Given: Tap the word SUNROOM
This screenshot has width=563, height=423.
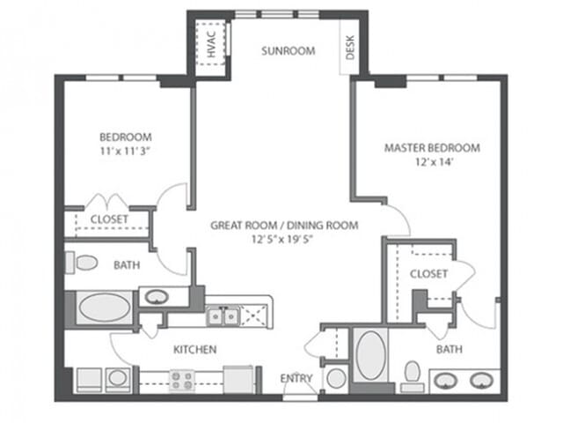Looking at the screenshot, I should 288,51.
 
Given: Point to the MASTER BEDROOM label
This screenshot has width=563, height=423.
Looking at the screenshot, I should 432,148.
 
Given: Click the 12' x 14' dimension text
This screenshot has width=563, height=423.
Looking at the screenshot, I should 432,162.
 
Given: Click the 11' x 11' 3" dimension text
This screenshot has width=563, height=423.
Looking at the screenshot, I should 125,152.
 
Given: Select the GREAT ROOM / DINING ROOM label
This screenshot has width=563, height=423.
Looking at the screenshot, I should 283,226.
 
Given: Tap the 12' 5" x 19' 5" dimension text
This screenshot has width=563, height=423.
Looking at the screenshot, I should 283,240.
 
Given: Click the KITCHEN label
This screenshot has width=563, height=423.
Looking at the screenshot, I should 194,350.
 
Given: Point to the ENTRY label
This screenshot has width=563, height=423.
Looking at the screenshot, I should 296,378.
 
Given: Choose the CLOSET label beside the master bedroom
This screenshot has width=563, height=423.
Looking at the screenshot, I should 428,274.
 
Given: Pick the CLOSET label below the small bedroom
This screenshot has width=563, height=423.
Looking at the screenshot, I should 109,219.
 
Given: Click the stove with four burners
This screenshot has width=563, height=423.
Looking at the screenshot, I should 181,380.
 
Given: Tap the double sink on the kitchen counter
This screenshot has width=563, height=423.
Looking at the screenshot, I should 223,316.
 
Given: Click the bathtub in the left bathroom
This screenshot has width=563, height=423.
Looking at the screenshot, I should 105,309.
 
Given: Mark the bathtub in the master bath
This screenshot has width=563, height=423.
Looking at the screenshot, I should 371,356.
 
